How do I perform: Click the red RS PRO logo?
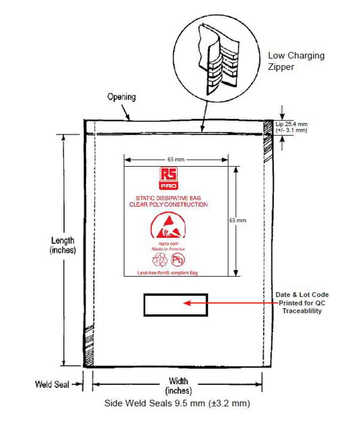coord(169,178)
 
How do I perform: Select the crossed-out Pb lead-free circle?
coord(178,260)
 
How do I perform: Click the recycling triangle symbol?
coord(160,260)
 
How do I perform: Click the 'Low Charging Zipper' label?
coord(296,61)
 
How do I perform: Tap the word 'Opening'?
coord(121,97)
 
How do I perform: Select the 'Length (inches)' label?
coord(63,245)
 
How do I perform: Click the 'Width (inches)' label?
coord(179,386)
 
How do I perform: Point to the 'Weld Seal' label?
coord(52,384)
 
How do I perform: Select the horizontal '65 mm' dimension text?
coord(176,160)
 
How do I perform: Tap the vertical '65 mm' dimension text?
coord(237,220)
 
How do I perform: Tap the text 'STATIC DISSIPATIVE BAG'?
coord(168,198)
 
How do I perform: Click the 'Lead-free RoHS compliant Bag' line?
coord(168,273)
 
